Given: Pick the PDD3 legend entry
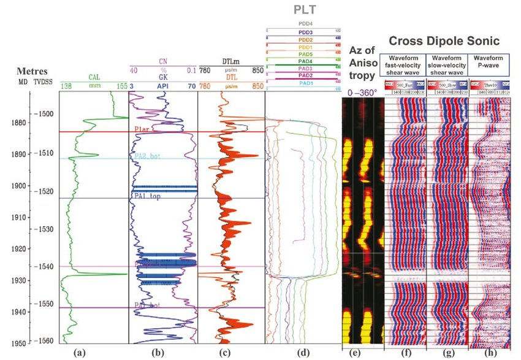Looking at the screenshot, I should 305,32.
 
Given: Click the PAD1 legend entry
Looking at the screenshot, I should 305,83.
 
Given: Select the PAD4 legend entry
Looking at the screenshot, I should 305,61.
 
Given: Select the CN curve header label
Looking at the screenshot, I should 163,62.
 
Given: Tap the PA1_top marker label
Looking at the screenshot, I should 144,194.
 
